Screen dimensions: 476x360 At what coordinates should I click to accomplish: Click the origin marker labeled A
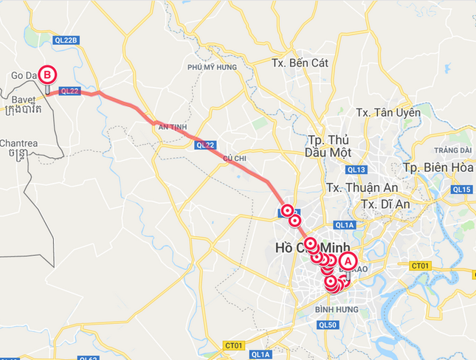coord(348,261)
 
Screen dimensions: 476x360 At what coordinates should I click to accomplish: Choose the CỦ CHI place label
coord(234,158)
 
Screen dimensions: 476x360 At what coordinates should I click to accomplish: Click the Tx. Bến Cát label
coord(299,63)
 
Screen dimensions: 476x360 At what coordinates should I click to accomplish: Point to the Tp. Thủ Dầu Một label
coord(327,146)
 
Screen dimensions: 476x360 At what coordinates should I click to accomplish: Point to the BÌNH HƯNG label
coord(336,309)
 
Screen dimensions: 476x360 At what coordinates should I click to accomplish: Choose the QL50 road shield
coord(329,325)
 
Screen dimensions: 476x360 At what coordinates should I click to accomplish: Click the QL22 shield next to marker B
coord(69,91)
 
